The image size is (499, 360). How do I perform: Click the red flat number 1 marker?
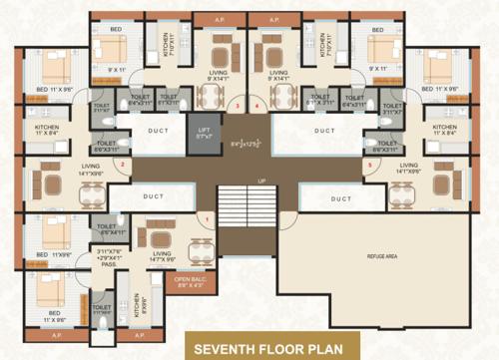pos(208,218)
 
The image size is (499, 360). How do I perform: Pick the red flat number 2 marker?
pos(122,165)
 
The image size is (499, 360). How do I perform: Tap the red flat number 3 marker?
pos(237,106)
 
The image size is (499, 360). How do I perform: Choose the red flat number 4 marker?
pos(256,106)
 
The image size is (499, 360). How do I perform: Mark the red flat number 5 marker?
pos(369,165)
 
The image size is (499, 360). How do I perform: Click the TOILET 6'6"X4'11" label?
pos(107,229)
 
